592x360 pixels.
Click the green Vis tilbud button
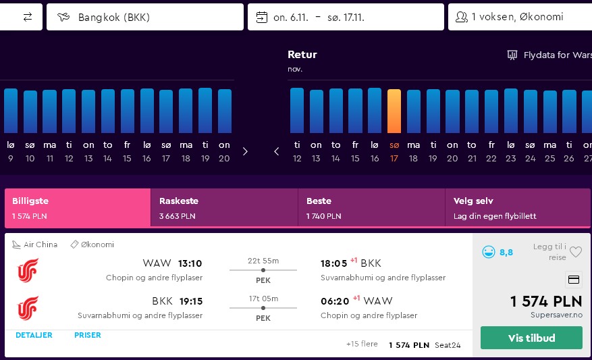pyautogui.click(x=531, y=338)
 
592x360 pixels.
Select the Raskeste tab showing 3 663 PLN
pyautogui.click(x=224, y=208)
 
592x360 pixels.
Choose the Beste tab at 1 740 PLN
pyautogui.click(x=371, y=208)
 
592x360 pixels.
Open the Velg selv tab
pyautogui.click(x=518, y=208)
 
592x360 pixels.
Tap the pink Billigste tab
pyautogui.click(x=78, y=208)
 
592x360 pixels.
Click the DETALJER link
pyautogui.click(x=34, y=335)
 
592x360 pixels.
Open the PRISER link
pyautogui.click(x=88, y=335)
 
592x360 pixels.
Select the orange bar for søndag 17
pyautogui.click(x=394, y=111)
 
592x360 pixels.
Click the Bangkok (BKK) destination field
pyautogui.click(x=145, y=17)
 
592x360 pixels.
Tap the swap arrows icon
pyautogui.click(x=28, y=17)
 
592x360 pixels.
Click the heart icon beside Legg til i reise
pyautogui.click(x=576, y=252)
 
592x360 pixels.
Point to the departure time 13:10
pyautogui.click(x=190, y=263)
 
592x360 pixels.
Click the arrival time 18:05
pyautogui.click(x=333, y=263)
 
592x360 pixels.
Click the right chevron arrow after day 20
pyautogui.click(x=245, y=151)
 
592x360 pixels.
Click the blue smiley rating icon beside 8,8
pyautogui.click(x=489, y=252)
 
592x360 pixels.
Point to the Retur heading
pyautogui.click(x=302, y=55)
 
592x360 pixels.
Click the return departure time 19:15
pyautogui.click(x=191, y=301)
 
